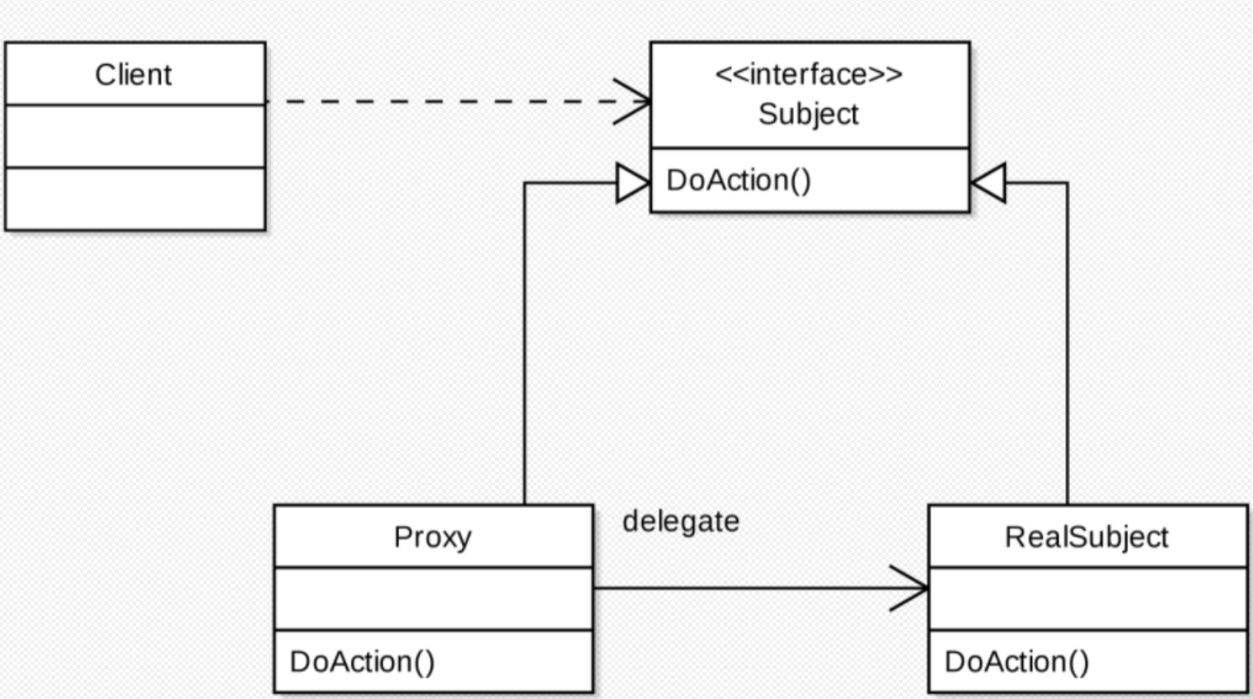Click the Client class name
point(134,75)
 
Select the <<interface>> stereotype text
point(809,74)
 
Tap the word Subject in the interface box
point(809,115)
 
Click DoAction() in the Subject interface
point(739,181)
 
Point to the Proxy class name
point(433,538)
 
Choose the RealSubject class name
point(1086,538)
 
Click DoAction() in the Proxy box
point(362,662)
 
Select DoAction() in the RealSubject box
point(1017,662)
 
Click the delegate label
point(681,522)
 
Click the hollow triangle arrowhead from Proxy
point(633,182)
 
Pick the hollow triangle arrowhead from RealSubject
point(988,182)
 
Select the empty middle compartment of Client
point(135,136)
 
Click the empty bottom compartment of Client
point(135,199)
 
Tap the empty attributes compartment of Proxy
point(434,599)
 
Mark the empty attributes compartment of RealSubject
point(1088,599)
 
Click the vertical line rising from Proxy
point(524,344)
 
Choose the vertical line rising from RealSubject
point(1067,344)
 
